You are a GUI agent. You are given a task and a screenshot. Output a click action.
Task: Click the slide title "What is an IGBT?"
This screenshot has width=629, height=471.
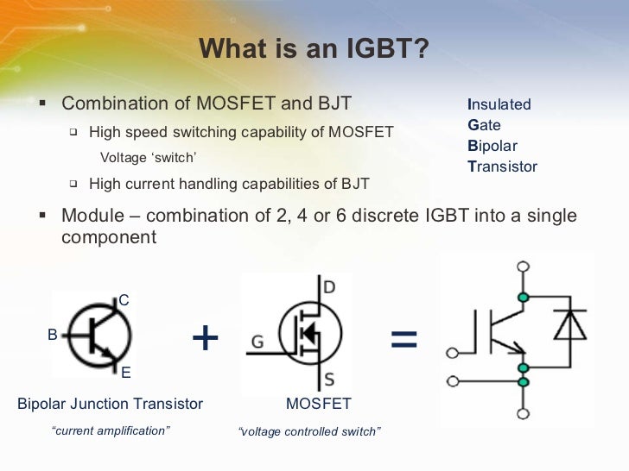coord(314,49)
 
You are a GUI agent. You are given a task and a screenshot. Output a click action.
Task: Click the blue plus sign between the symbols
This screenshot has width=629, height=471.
coord(205,338)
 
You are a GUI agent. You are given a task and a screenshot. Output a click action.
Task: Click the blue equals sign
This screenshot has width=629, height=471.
coord(403,339)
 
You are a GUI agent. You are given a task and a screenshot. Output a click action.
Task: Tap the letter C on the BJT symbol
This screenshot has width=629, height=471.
coord(124,300)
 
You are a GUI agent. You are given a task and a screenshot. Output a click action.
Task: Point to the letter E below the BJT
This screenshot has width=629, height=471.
coord(125,373)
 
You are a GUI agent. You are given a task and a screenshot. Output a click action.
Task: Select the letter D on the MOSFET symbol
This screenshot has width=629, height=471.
coord(329,286)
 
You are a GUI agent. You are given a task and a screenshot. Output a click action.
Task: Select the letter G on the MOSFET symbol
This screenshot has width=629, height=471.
coord(257,342)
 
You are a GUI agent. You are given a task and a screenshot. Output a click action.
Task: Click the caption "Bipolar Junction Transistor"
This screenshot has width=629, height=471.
coord(110,404)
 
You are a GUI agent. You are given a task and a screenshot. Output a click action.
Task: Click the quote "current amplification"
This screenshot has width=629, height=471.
coord(111,430)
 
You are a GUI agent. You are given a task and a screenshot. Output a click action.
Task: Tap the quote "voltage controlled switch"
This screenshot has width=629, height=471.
coord(308,431)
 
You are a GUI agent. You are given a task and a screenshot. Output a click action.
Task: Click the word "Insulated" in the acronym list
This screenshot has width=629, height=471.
coord(499,104)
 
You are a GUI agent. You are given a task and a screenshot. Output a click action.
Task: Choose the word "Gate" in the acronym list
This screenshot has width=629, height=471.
coord(484,125)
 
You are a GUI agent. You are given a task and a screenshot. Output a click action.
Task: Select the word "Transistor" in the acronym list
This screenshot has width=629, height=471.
coord(502,166)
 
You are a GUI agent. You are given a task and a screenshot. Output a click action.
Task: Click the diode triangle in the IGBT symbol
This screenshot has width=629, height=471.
coord(569,326)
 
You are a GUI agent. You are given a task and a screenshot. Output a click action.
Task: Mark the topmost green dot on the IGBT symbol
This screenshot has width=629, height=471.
coord(522,298)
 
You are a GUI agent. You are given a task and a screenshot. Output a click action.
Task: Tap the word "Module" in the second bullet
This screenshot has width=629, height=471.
coord(90,216)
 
